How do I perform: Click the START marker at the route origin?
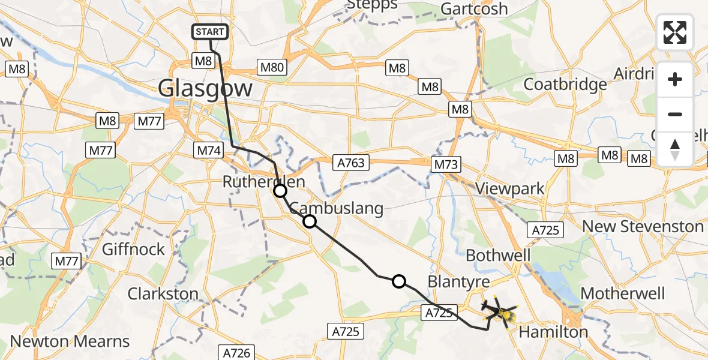tap(210, 32)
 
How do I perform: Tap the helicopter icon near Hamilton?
tap(500, 311)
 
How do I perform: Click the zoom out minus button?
tap(675, 114)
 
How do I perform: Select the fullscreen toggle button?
tap(675, 32)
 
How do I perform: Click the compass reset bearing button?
tap(675, 149)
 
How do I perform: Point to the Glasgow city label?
tap(205, 89)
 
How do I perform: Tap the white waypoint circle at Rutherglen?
tap(280, 191)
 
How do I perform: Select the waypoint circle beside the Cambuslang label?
tap(309, 221)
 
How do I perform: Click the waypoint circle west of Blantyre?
tap(398, 281)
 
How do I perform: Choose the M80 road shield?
tap(272, 68)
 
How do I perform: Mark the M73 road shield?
tap(445, 163)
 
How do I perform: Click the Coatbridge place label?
tap(565, 85)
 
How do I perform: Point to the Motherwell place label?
tap(623, 293)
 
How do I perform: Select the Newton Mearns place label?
tap(70, 341)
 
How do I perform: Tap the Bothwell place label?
tap(498, 255)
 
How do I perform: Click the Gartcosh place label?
tap(474, 9)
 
